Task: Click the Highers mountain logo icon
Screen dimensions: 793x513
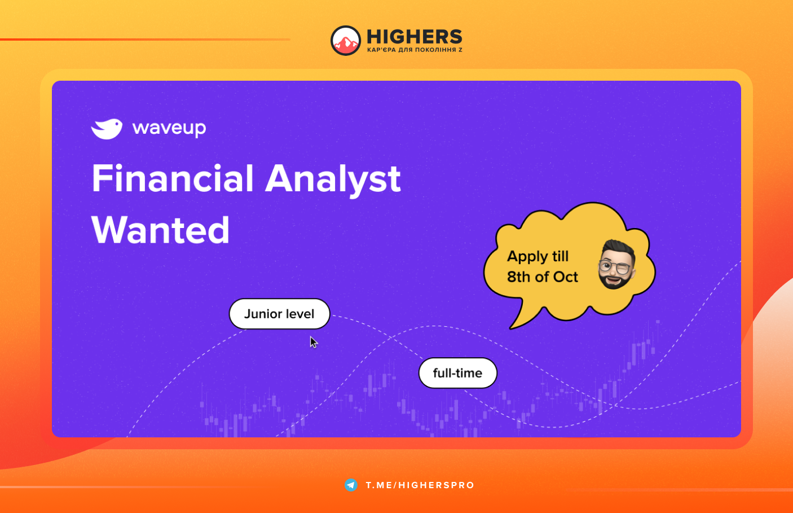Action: coord(346,41)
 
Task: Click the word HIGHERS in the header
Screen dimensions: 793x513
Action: coord(415,37)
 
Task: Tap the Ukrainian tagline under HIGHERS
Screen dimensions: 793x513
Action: coord(415,50)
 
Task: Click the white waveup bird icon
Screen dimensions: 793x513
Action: coord(107,129)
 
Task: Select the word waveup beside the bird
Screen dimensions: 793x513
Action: coord(169,128)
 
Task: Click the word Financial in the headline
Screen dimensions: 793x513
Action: coord(173,178)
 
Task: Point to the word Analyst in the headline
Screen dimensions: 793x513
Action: coord(333,180)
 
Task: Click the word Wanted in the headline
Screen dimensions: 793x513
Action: coord(160,230)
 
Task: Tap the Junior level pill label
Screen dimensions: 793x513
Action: coord(279,314)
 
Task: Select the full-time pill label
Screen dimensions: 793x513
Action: coord(458,373)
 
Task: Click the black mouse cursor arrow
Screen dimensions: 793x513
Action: coord(313,342)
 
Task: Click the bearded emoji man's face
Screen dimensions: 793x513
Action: coord(616,265)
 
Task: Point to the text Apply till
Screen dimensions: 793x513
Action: coord(538,257)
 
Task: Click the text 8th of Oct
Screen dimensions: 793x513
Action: coord(543,277)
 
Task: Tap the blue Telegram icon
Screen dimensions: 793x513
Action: coord(351,485)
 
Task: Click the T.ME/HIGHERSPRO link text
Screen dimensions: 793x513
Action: coord(420,485)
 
